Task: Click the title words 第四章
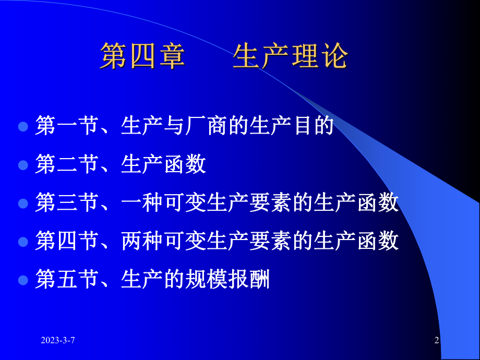(142, 57)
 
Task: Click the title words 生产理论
(290, 57)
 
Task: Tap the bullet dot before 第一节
(23, 127)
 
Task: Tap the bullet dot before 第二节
(23, 165)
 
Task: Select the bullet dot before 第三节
(23, 203)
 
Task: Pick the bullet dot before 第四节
(23, 242)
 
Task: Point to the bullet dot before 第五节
(23, 280)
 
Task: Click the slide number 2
(437, 341)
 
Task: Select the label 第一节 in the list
(66, 127)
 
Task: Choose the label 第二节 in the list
(66, 165)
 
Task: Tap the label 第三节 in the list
(66, 203)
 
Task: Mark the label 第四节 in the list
(66, 241)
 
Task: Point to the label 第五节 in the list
(66, 280)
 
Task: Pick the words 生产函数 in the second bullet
(163, 165)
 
